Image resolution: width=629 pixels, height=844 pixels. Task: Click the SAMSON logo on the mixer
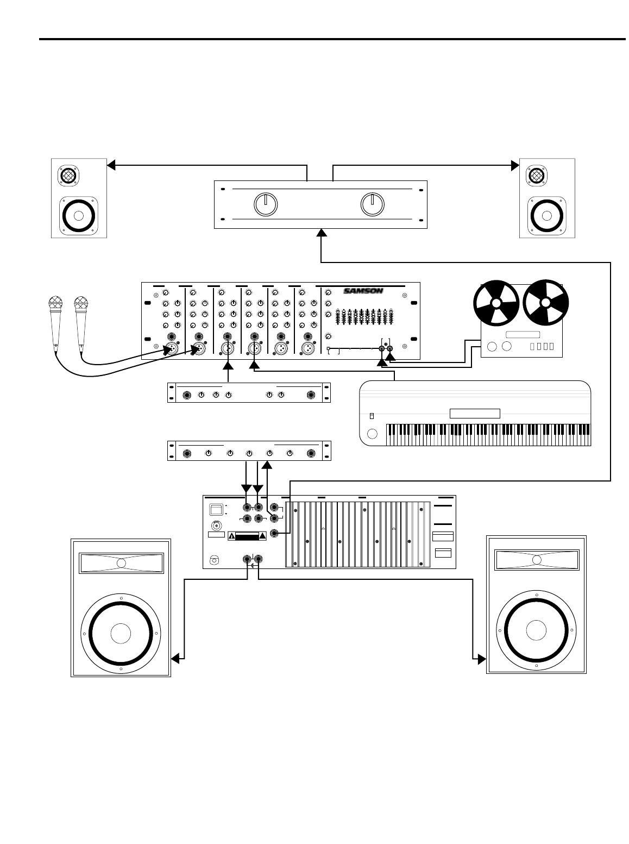[363, 291]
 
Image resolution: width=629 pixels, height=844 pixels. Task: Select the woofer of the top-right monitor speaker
[547, 214]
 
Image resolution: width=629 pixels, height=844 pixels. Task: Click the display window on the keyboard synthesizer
[475, 413]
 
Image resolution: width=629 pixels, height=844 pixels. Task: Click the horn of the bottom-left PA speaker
[121, 563]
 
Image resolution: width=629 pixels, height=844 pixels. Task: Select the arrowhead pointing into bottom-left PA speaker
[175, 659]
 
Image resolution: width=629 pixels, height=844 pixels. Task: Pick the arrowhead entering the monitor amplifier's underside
[322, 232]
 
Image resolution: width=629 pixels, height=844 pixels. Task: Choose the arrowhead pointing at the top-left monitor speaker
[111, 165]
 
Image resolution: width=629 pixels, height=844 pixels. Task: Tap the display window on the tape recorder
[522, 334]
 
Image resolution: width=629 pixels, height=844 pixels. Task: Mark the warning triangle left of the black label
[231, 536]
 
